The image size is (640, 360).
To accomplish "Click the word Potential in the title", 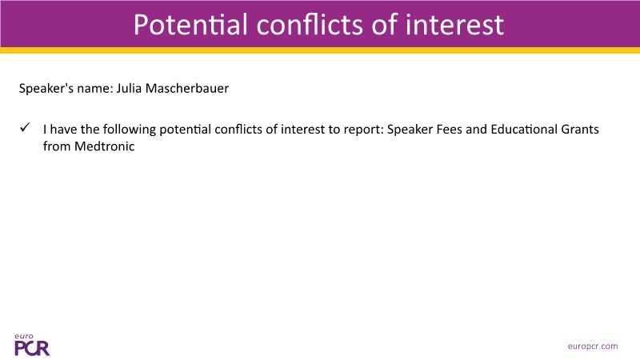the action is [x=190, y=25].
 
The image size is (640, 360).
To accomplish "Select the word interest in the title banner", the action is [x=454, y=25].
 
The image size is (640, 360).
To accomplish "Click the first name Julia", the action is [x=129, y=88].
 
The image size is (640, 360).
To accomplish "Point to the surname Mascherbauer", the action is [x=187, y=88].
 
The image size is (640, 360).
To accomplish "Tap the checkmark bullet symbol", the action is [x=25, y=127].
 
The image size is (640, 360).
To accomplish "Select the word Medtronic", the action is [x=105, y=146].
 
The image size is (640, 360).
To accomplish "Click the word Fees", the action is [x=449, y=130].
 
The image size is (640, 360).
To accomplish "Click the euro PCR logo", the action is [x=32, y=345].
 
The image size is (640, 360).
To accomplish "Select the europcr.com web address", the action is [x=593, y=346].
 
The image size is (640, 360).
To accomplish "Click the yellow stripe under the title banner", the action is [x=320, y=50].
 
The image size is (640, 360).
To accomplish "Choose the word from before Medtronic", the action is [x=57, y=146].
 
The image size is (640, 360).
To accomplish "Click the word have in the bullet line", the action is [x=63, y=130].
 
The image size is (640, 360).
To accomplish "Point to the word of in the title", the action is [x=385, y=25].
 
